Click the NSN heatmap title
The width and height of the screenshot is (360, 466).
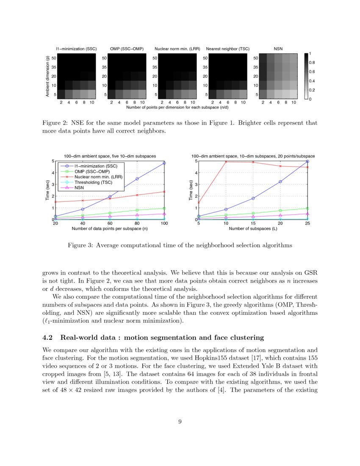click(278, 49)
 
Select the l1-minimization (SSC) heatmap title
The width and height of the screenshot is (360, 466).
click(76, 49)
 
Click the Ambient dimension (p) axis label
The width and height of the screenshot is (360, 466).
click(47, 77)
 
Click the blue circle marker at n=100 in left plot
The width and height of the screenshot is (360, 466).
click(164, 163)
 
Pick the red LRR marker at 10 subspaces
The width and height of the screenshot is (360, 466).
click(226, 161)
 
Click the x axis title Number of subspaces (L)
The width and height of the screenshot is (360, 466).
click(253, 229)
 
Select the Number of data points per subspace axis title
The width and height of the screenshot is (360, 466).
click(110, 229)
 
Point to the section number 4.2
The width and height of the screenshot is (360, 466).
click(49, 338)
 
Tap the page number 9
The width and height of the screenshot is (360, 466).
click(180, 422)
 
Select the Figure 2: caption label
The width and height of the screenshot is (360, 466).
click(55, 123)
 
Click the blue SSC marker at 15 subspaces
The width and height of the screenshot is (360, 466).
click(253, 198)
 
